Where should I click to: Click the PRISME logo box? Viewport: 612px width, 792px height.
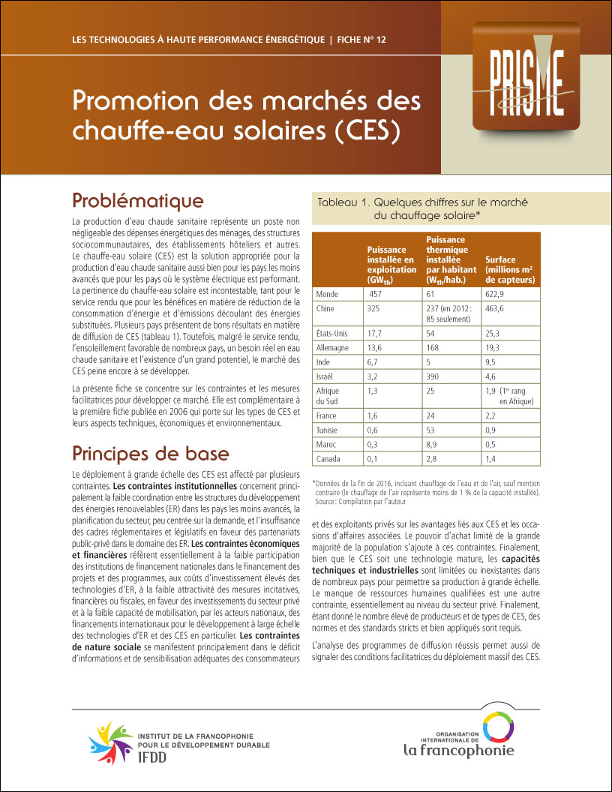(526, 75)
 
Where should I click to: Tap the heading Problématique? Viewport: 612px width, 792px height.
(137, 201)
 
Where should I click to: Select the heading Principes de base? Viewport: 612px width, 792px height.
(151, 454)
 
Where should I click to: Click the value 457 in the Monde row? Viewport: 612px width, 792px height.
(376, 294)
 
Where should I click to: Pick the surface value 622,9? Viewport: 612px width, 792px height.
(497, 294)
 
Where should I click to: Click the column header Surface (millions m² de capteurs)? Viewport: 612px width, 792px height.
(510, 270)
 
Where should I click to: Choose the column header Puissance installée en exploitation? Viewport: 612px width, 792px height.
(391, 265)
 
